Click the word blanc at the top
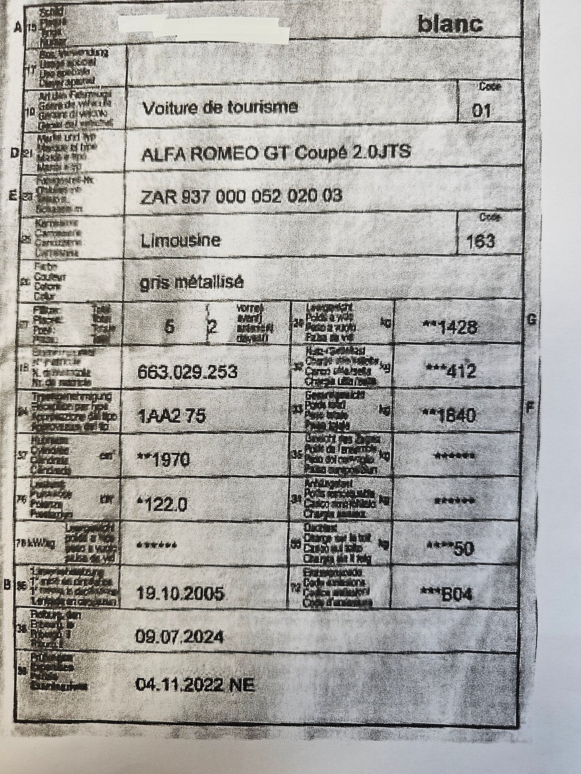coord(449,25)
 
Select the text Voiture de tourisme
coord(220,108)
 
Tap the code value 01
coord(481,110)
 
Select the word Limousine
coord(180,241)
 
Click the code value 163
coord(480,241)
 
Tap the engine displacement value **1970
coord(163,460)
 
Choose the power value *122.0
coord(162,504)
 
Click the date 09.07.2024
coord(180,638)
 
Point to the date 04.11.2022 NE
coord(195,684)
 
